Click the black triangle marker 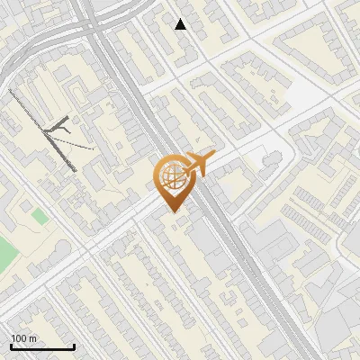tap(181, 24)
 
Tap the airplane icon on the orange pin tap(198, 164)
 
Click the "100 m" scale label tap(23, 338)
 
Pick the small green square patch tap(39, 217)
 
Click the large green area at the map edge tap(5, 252)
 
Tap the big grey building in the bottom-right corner tap(337, 315)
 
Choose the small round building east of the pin tap(268, 160)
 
